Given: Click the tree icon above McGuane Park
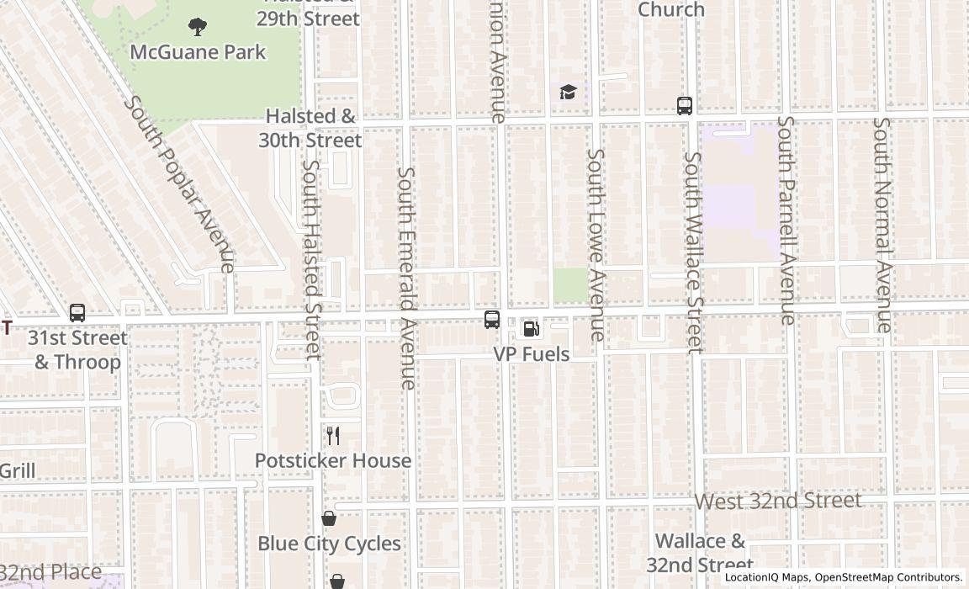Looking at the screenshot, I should click(x=198, y=28).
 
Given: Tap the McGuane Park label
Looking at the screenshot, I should click(x=198, y=52).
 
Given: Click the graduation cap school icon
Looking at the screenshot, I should click(x=568, y=92).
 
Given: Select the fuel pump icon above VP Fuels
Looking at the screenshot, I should click(x=531, y=328).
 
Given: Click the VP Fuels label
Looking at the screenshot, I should click(x=531, y=354).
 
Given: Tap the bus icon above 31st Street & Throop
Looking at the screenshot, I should click(x=77, y=313).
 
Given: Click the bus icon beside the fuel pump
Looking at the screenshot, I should click(x=492, y=320).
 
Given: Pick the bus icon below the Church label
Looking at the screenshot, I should click(x=685, y=106).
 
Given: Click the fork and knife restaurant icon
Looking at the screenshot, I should click(x=333, y=436).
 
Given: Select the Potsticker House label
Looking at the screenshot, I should click(x=333, y=461).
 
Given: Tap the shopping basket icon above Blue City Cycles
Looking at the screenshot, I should click(x=329, y=519).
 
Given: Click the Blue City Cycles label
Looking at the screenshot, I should click(x=329, y=544).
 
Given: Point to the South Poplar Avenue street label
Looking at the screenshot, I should click(x=178, y=183).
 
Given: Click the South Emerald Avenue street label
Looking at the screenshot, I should click(x=407, y=278).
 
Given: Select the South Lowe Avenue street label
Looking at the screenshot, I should click(x=596, y=245).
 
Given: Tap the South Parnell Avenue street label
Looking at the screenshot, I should click(x=787, y=220).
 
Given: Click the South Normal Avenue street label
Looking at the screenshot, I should click(x=882, y=224).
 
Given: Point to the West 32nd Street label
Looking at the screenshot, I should click(x=777, y=501).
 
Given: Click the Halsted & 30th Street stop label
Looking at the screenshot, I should click(x=310, y=128).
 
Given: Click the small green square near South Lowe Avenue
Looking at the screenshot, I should click(x=570, y=285).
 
